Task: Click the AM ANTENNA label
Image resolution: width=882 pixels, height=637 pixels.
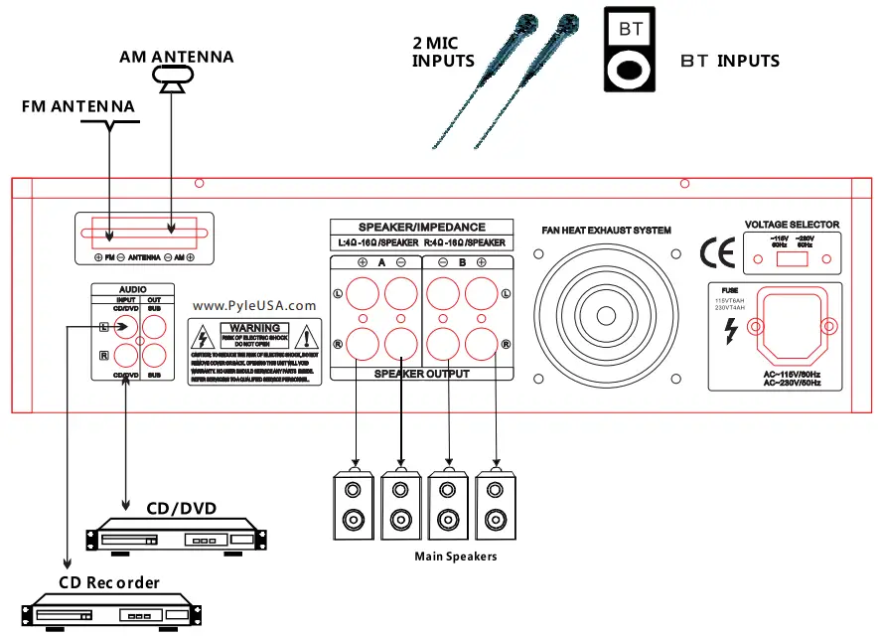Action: point(176,57)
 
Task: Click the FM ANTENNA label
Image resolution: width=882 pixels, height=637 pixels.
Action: point(77,105)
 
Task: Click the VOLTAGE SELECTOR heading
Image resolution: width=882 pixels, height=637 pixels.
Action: point(792,226)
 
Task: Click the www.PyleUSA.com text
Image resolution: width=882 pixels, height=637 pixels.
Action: point(254,306)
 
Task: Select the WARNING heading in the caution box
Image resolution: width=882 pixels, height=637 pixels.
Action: point(255,327)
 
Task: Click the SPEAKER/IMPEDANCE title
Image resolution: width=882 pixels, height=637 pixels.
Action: point(422,227)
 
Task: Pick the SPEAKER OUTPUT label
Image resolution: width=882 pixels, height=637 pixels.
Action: point(422,374)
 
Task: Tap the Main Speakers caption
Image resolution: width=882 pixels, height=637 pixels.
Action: point(455,557)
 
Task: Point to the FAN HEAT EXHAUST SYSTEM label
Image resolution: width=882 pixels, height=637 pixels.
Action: point(606,231)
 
